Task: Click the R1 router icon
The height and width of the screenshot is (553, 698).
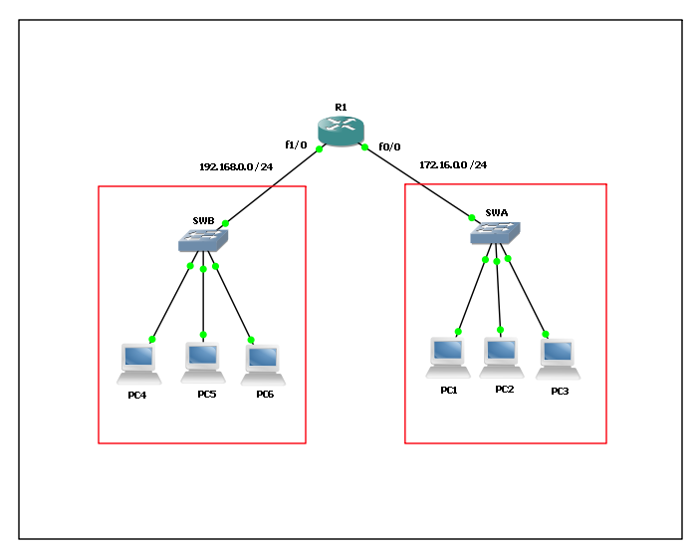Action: [342, 131]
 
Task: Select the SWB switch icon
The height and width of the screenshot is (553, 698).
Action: [203, 240]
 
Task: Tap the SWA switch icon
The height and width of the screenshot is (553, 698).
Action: [495, 233]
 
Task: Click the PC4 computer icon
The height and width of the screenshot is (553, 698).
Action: [138, 364]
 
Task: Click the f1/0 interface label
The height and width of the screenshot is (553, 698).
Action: [296, 144]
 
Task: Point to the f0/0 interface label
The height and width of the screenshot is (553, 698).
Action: [389, 146]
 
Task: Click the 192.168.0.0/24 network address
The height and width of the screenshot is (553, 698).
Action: [236, 166]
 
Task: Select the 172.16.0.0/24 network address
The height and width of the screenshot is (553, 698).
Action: [453, 165]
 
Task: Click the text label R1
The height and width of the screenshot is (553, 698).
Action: [341, 106]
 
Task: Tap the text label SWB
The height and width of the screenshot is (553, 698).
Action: [203, 220]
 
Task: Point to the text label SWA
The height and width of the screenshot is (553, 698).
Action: [496, 212]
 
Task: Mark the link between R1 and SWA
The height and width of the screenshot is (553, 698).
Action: [418, 182]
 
